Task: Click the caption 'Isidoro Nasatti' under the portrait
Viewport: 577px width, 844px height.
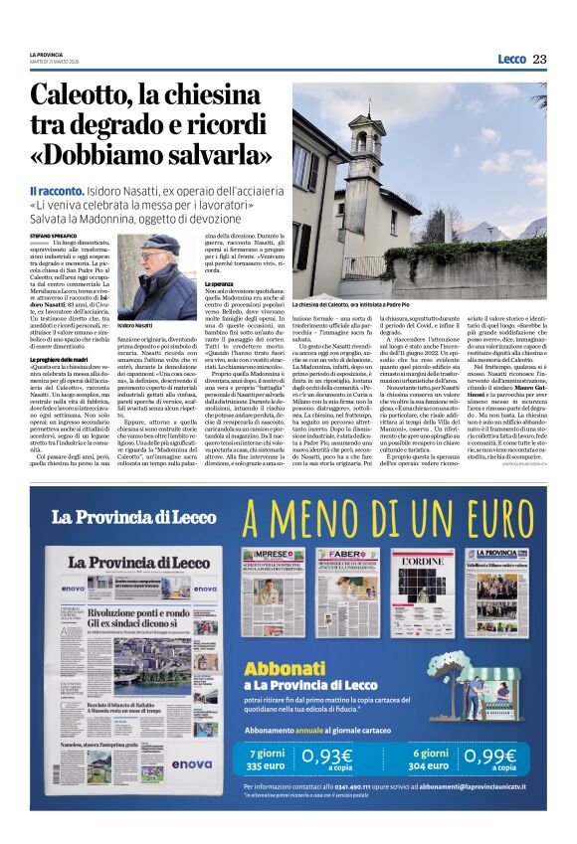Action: point(136,325)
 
